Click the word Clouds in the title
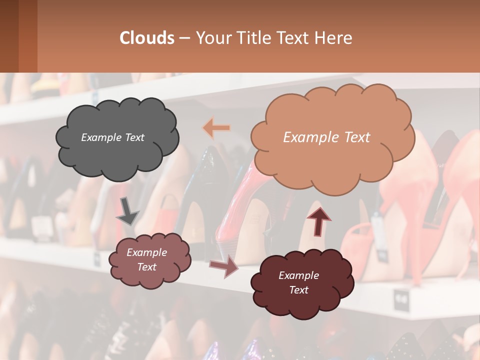coord(147,38)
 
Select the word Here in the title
coord(334,38)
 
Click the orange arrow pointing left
coord(216,128)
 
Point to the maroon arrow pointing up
coord(318,220)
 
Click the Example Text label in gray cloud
coord(112,137)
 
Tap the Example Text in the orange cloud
coord(326,137)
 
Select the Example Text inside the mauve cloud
coord(146,259)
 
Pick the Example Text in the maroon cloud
coord(298,282)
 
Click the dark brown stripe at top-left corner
coord(9,36)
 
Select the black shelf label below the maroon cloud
coord(401,298)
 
